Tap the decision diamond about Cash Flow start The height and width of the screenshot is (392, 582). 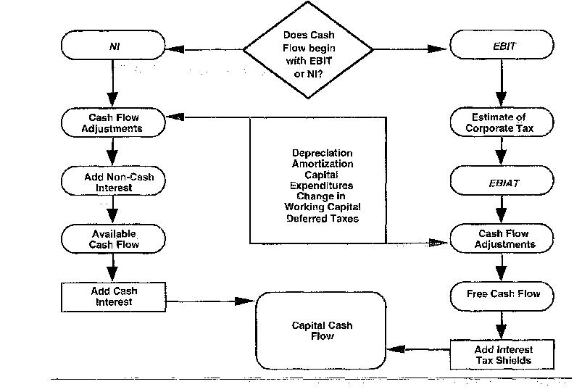click(x=308, y=49)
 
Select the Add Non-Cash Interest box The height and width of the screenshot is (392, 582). click(x=113, y=181)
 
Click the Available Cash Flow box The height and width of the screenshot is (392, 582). click(x=113, y=239)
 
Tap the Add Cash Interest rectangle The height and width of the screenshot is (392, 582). click(x=113, y=296)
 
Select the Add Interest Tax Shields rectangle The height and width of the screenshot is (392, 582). click(x=503, y=355)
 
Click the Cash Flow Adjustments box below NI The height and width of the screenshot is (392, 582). click(x=113, y=122)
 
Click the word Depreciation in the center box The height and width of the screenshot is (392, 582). click(x=322, y=154)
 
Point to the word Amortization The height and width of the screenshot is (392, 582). click(x=322, y=164)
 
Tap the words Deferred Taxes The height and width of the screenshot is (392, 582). click(x=322, y=218)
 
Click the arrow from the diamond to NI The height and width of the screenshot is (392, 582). click(x=207, y=49)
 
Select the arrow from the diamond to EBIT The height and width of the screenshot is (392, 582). click(x=410, y=49)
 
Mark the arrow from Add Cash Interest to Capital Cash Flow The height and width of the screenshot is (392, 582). click(x=207, y=299)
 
